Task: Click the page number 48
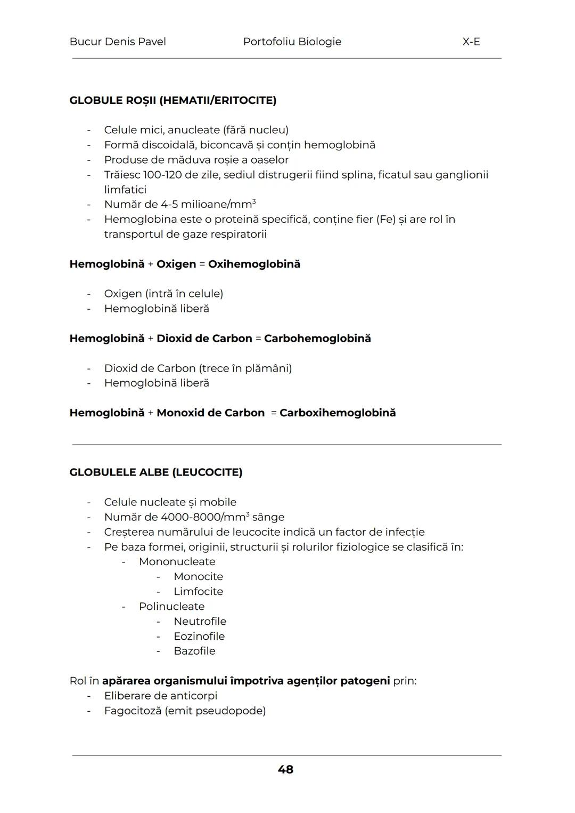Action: click(x=285, y=769)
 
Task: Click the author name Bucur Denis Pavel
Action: click(x=118, y=42)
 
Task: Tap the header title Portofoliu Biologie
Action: click(x=292, y=42)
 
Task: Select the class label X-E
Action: click(x=471, y=42)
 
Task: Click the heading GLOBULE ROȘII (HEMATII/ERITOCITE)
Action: click(x=172, y=100)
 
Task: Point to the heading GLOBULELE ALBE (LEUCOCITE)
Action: click(x=155, y=472)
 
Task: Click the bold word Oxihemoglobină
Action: click(x=254, y=264)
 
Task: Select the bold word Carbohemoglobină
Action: click(x=317, y=339)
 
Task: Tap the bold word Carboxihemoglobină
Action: click(x=338, y=413)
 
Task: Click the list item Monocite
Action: click(x=198, y=577)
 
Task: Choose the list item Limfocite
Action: click(x=198, y=592)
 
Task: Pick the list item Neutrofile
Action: click(x=200, y=622)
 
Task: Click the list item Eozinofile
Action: click(x=199, y=637)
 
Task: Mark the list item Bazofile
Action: click(x=194, y=651)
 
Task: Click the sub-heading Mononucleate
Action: click(x=177, y=562)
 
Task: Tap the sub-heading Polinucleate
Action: click(x=171, y=607)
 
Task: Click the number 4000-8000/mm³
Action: click(x=204, y=517)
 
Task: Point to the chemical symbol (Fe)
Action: click(x=385, y=219)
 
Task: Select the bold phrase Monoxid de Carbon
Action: click(x=210, y=413)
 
